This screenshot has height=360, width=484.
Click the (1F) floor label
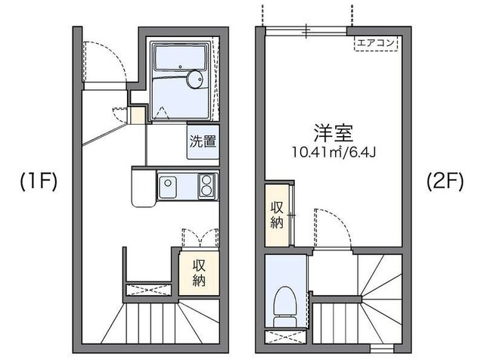point(36,182)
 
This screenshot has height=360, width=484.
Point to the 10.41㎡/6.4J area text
point(333,151)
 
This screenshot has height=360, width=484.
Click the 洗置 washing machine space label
point(203,141)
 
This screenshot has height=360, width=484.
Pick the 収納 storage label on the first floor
point(199,273)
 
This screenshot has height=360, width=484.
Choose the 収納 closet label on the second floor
point(277,214)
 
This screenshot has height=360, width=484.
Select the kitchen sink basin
point(168,184)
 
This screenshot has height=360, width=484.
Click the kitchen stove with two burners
point(206,184)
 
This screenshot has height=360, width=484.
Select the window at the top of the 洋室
point(306,29)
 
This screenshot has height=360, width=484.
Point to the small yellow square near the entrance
point(137,115)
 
